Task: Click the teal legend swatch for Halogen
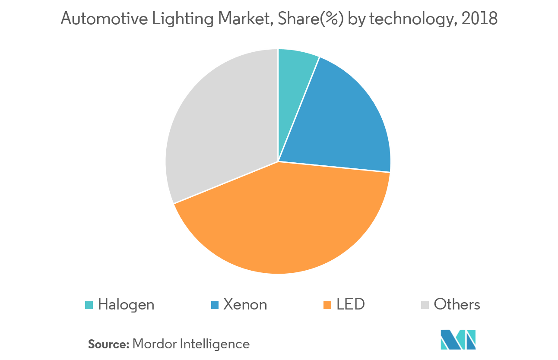pyautogui.click(x=89, y=305)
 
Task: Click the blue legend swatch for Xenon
pyautogui.click(x=214, y=305)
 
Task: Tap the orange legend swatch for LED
pyautogui.click(x=328, y=305)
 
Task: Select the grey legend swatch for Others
pyautogui.click(x=425, y=305)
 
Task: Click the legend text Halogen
pyautogui.click(x=126, y=305)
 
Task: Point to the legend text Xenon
pyautogui.click(x=245, y=305)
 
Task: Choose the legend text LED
pyautogui.click(x=351, y=305)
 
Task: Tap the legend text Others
pyautogui.click(x=457, y=305)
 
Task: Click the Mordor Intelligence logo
pyautogui.click(x=458, y=340)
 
